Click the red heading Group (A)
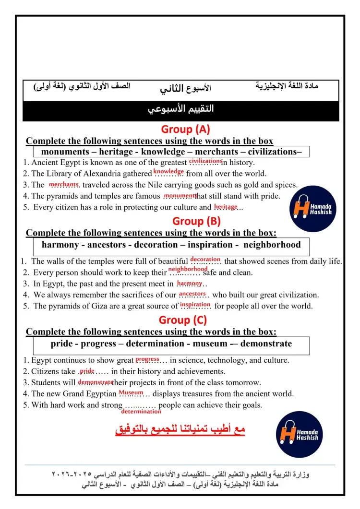click(x=186, y=129)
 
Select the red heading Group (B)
click(x=196, y=221)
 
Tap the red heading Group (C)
click(x=183, y=320)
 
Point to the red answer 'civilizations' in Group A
click(x=205, y=161)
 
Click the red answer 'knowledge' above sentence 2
click(x=168, y=171)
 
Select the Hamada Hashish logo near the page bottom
click(x=300, y=434)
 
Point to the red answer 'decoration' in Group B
click(x=205, y=260)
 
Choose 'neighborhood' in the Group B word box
click(x=272, y=245)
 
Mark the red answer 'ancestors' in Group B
click(x=192, y=294)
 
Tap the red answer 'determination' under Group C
click(x=141, y=412)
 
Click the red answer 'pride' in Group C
click(x=87, y=371)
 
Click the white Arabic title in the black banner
click(x=180, y=109)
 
